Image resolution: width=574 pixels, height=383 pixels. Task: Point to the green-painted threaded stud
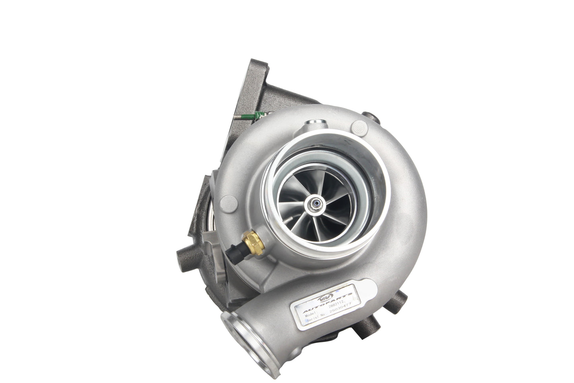tap(257, 117)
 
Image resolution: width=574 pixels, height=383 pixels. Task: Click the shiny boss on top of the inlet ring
tap(308, 127)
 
